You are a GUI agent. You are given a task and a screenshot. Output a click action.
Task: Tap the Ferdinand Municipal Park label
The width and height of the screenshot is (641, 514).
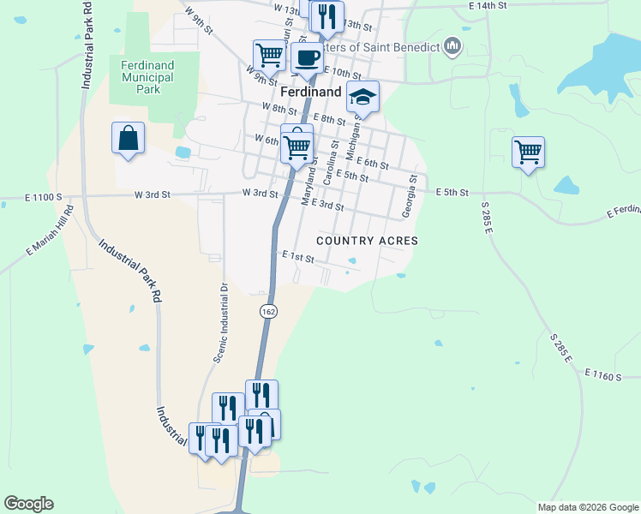click(147, 77)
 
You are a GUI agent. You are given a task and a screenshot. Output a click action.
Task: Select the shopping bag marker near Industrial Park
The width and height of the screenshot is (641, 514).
click(128, 138)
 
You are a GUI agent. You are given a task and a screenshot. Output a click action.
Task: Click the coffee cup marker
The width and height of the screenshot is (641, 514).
click(306, 58)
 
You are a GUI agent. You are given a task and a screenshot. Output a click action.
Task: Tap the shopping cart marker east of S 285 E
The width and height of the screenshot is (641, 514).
click(528, 152)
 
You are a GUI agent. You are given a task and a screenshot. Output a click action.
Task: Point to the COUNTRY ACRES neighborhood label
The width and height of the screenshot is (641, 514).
click(367, 241)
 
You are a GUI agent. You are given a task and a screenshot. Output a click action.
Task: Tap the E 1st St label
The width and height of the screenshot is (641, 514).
click(298, 255)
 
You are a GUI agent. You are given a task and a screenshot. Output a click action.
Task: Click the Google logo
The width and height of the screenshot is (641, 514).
click(28, 504)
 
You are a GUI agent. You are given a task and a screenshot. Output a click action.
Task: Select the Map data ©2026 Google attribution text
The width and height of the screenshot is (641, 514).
click(587, 507)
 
